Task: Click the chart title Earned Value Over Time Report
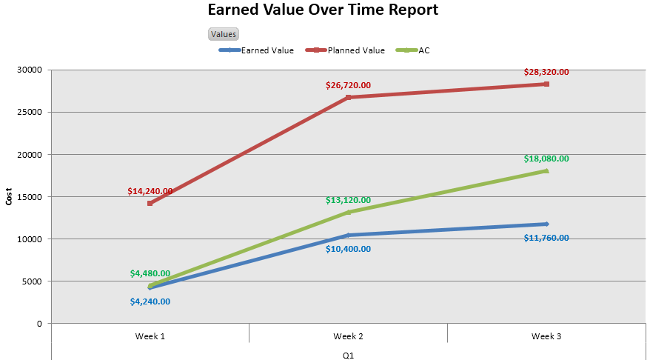click(x=322, y=10)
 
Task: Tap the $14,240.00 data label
click(x=150, y=191)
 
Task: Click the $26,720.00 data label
click(x=348, y=86)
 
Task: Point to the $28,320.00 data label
click(x=546, y=73)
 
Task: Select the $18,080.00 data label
click(x=546, y=159)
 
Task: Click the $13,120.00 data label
click(x=348, y=201)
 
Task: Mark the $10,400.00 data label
click(x=348, y=250)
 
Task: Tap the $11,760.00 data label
click(x=546, y=239)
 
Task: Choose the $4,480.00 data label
click(x=150, y=274)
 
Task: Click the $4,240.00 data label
click(x=150, y=301)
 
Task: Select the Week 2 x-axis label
click(x=348, y=336)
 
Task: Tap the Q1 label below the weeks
click(x=348, y=356)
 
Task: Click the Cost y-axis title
click(x=9, y=197)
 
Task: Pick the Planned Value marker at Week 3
click(x=546, y=84)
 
